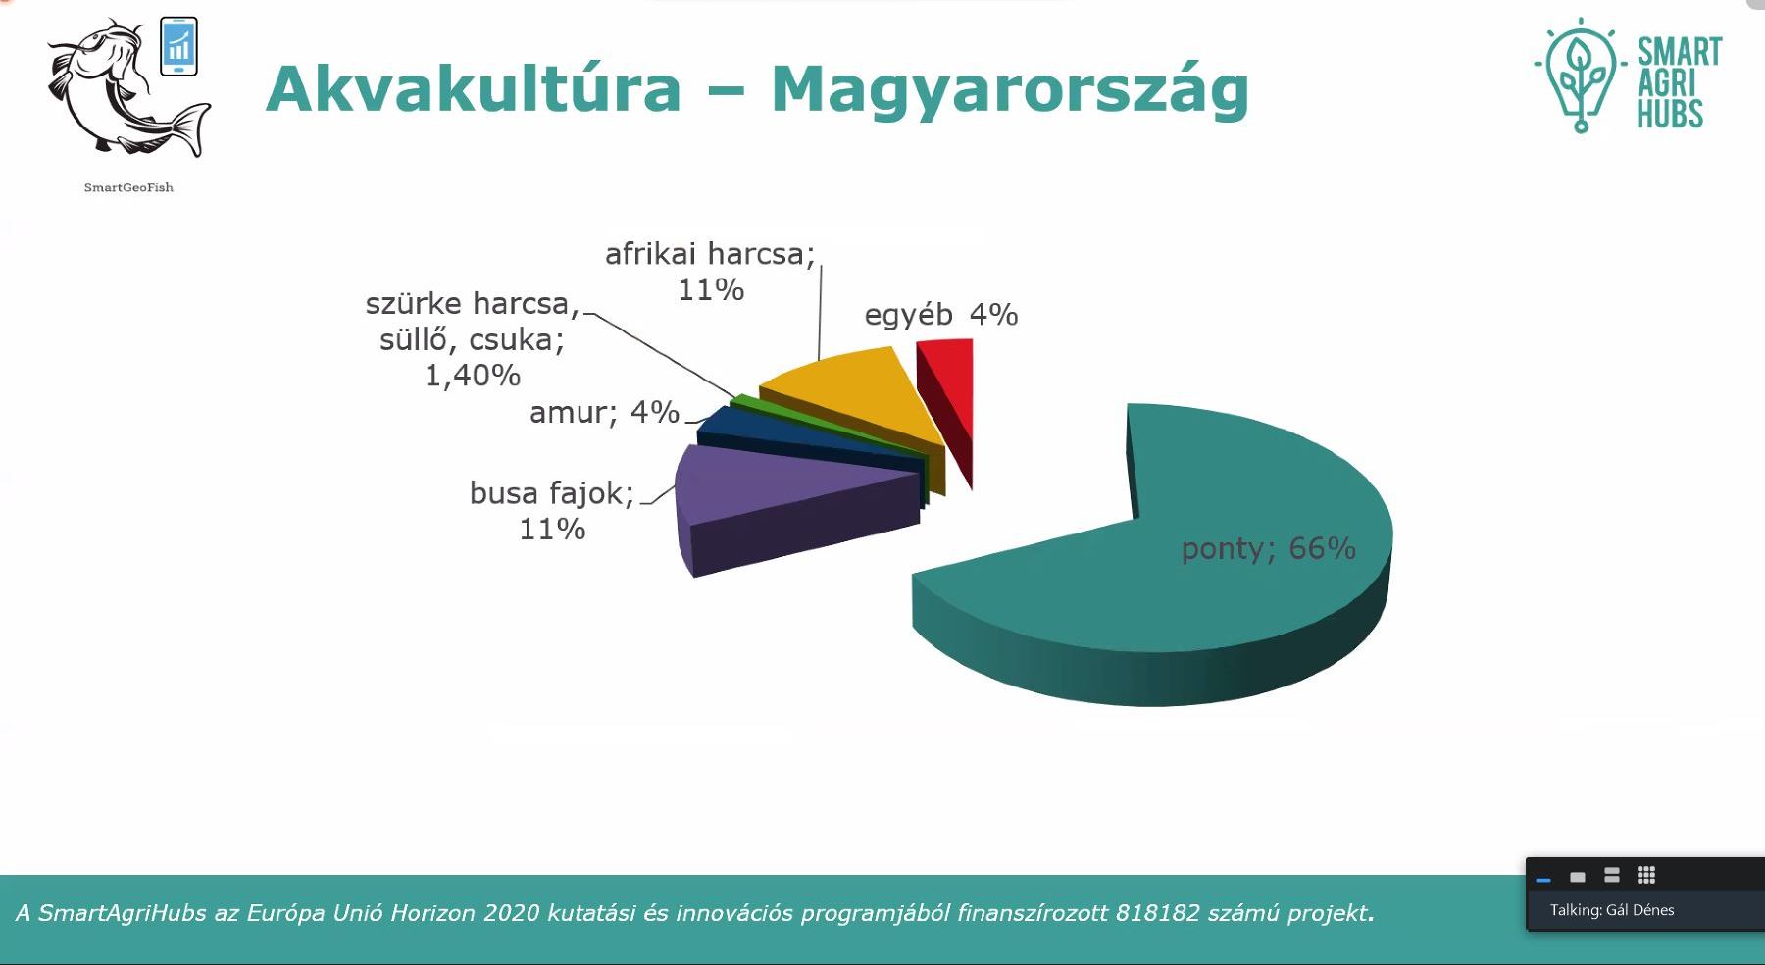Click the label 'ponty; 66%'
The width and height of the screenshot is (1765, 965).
pos(1268,548)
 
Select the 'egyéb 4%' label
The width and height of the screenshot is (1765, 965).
pos(941,315)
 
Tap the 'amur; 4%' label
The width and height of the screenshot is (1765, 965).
pos(604,412)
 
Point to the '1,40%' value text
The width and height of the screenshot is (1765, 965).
pos(473,376)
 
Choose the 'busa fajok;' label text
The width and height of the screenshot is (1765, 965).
pos(552,492)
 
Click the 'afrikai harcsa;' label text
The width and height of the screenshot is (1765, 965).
pos(710,254)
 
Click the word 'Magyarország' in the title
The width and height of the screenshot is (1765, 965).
pos(1010,90)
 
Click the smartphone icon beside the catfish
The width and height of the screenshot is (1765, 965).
pos(179,46)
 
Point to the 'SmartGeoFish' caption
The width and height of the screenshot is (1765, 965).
pos(128,187)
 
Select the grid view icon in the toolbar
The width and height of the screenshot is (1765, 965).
pos(1646,875)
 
